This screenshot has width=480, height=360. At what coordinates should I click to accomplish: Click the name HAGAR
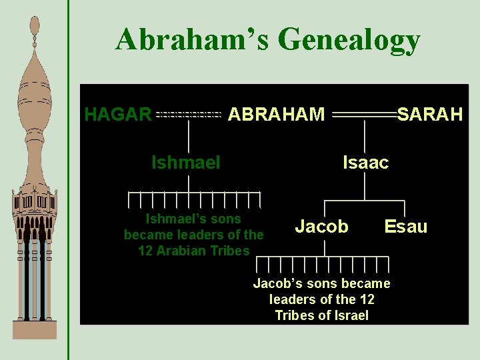tap(118, 115)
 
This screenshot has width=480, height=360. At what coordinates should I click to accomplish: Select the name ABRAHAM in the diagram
tap(276, 115)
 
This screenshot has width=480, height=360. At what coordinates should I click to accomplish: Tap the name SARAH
tap(430, 115)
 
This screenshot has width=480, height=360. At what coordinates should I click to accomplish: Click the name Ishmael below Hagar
tap(186, 162)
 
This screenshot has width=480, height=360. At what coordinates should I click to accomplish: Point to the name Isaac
tap(365, 162)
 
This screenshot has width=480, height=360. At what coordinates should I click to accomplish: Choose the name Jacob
tap(321, 227)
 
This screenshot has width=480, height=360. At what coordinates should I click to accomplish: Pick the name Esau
tap(405, 227)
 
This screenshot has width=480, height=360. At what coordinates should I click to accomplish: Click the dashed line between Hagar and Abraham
tap(189, 115)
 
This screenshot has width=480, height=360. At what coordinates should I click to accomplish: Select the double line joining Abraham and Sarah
tap(364, 115)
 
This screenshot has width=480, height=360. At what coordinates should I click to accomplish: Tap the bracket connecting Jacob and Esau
tap(365, 201)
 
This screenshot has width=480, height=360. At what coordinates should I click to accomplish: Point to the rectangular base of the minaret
tap(35, 330)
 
